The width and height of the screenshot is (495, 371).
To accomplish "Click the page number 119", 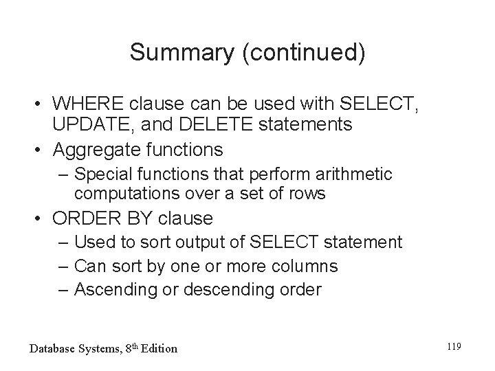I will (x=452, y=348).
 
